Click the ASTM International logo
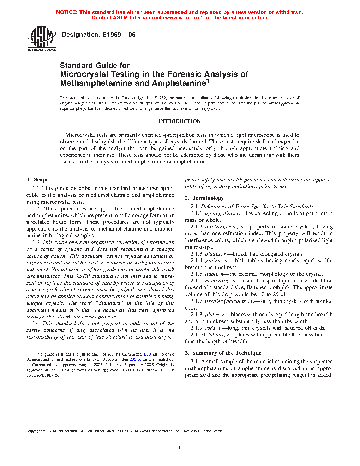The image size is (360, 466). tap(42, 39)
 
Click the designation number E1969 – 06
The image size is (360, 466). tap(119, 35)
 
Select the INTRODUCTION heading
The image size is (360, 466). tap(179, 121)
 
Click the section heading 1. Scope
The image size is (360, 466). tap(37, 180)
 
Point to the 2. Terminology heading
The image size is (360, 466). tap(204, 198)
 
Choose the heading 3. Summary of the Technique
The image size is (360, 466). tap(223, 353)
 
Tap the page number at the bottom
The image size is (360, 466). tap(179, 448)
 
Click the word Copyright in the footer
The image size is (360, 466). tap(34, 431)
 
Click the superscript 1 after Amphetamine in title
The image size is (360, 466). tap(208, 80)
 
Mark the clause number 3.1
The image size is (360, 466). tap(194, 362)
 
